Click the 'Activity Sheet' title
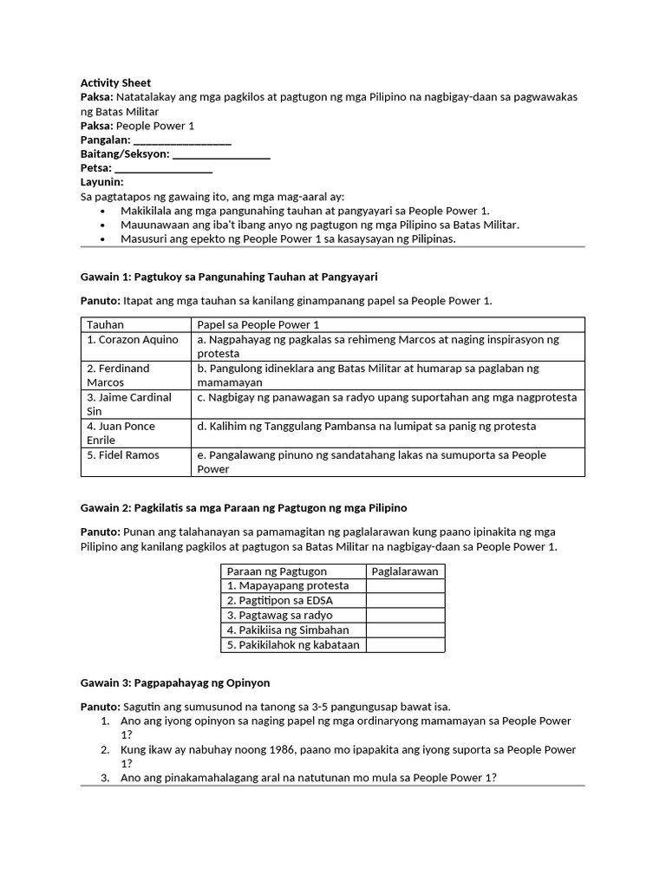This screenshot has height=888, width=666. pyautogui.click(x=115, y=82)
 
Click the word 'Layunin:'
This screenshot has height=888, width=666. pyautogui.click(x=102, y=182)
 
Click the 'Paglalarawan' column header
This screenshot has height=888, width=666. pyautogui.click(x=405, y=571)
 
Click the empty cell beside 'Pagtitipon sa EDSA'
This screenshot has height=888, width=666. pyautogui.click(x=405, y=601)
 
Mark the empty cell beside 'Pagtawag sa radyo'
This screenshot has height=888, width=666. pyautogui.click(x=405, y=616)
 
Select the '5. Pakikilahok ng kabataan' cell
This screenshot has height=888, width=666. pyautogui.click(x=293, y=645)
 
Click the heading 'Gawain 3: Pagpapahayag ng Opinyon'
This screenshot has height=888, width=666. pyautogui.click(x=175, y=683)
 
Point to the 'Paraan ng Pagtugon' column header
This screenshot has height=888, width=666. pyautogui.click(x=277, y=571)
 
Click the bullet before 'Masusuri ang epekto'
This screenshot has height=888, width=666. pyautogui.click(x=103, y=239)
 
